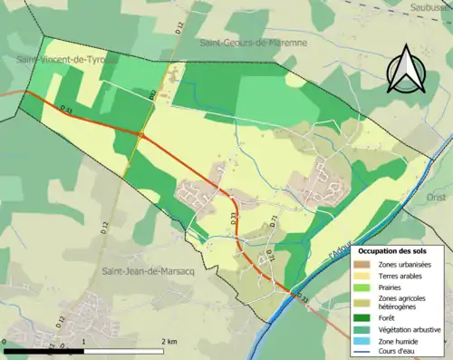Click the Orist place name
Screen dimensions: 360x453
[436, 195]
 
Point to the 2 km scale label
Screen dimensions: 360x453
[169, 342]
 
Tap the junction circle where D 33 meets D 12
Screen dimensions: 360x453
[140, 135]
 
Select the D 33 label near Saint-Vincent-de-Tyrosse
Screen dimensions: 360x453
[66, 109]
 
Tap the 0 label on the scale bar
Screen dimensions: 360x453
[5, 342]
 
